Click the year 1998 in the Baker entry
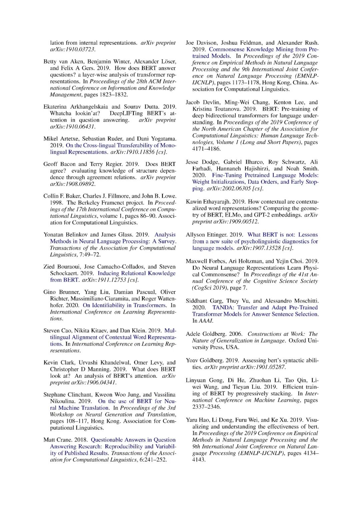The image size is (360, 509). click(x=49, y=203)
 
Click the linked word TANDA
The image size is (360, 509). click(x=223, y=307)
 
